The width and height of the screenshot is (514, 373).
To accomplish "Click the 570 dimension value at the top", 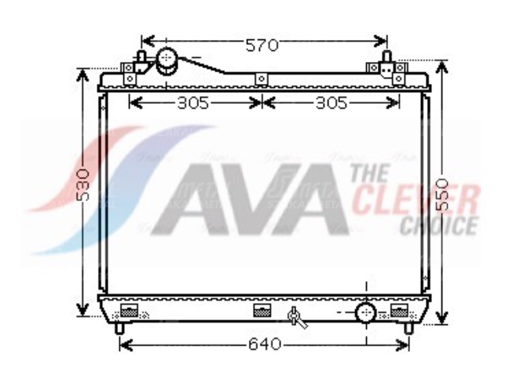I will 262,44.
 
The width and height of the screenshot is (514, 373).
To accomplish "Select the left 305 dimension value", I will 193,103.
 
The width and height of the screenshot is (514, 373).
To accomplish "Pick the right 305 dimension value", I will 331,103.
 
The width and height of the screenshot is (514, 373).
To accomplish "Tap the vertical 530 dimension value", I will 83,185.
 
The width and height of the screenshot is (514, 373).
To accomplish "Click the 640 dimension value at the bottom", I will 264,344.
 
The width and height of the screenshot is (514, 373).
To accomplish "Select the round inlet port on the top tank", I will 166,60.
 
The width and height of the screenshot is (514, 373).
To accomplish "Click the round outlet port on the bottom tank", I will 366,313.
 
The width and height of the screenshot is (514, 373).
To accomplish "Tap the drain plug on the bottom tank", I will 296,316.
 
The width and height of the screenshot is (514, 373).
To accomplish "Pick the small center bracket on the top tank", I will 261,79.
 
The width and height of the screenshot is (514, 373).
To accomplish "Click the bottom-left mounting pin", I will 119,328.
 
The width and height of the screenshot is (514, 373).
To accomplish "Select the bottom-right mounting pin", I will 409,328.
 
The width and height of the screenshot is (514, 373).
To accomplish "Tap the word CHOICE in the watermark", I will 439,225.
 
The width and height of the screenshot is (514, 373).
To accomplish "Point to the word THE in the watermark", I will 369,173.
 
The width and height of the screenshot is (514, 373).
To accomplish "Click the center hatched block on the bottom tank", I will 262,310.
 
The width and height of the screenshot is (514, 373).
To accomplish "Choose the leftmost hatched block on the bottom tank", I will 130,310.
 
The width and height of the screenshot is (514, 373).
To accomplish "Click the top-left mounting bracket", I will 129,73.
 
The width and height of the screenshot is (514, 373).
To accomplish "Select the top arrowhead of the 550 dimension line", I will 442,66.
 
